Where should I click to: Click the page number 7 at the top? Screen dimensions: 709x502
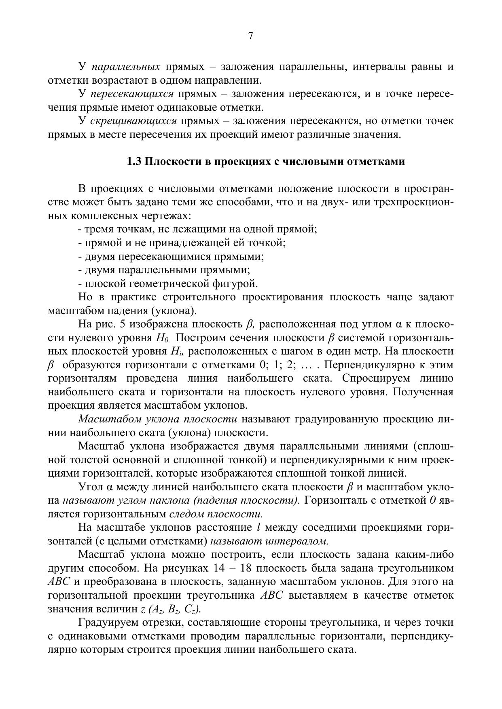click(250, 36)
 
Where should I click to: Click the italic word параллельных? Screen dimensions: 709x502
click(125, 67)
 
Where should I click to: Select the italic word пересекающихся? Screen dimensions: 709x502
click(132, 94)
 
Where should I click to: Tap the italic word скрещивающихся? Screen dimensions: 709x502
click(133, 121)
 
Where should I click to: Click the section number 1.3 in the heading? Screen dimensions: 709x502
click(134, 162)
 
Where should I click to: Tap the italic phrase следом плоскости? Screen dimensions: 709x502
click(216, 514)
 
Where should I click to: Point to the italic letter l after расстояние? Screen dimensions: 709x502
click(258, 528)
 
